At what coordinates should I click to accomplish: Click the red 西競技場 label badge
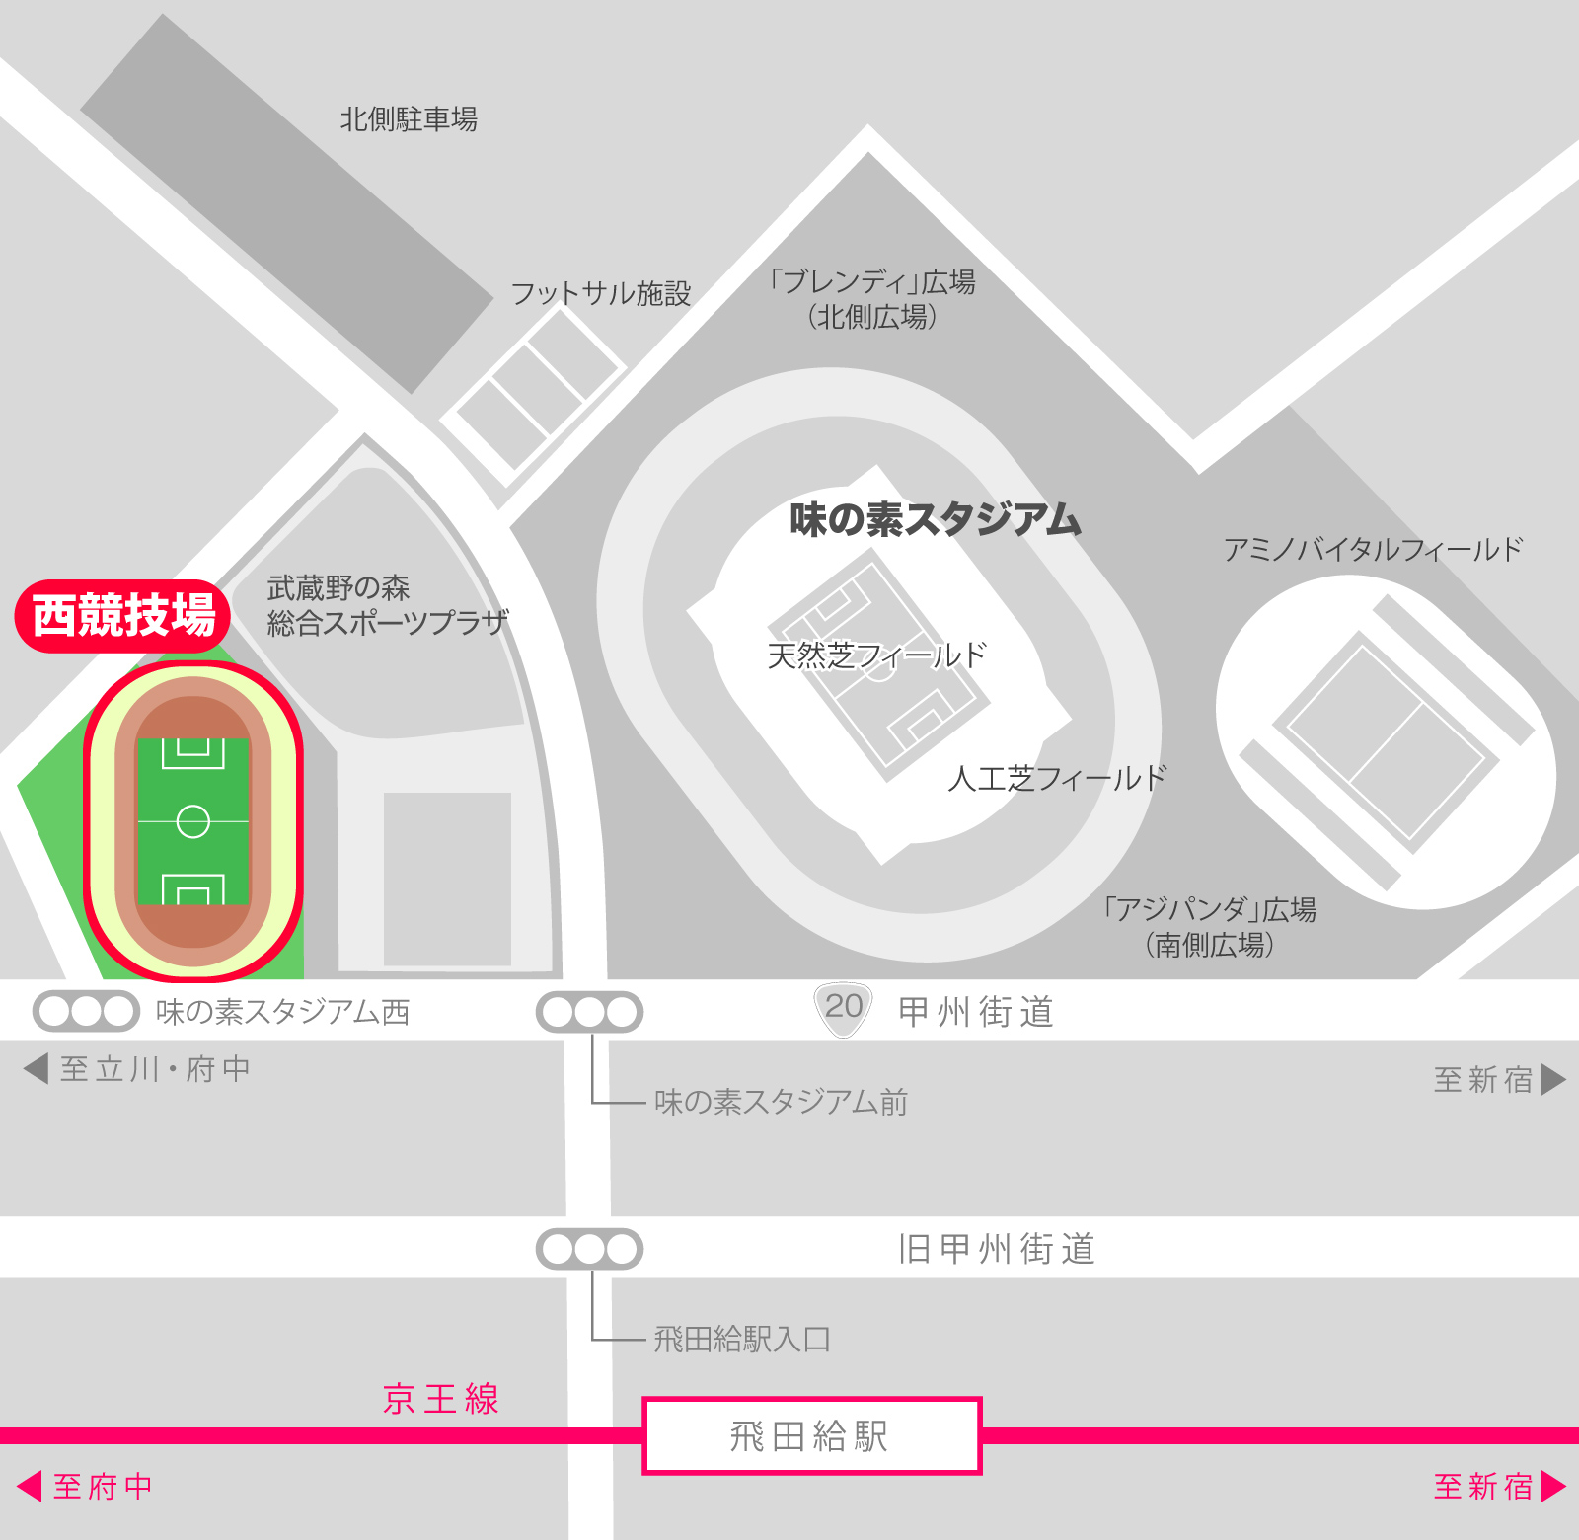[x=122, y=616]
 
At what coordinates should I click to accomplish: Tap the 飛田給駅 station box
[x=811, y=1435]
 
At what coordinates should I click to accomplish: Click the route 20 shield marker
[x=844, y=1009]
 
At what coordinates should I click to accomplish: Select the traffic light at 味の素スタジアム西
[x=86, y=1011]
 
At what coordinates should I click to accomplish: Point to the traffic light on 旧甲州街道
[x=589, y=1249]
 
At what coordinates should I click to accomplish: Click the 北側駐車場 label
[x=409, y=119]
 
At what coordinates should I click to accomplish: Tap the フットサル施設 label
[x=600, y=293]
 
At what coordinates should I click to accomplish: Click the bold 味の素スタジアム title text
[x=934, y=519]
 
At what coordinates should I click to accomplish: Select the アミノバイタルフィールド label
[x=1373, y=549]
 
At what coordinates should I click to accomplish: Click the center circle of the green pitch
[x=192, y=821]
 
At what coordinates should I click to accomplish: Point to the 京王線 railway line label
[x=441, y=1398]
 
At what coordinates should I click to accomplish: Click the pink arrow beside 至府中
[x=30, y=1486]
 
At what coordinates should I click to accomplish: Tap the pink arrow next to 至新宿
[x=1553, y=1486]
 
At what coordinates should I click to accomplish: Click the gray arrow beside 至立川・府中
[x=37, y=1068]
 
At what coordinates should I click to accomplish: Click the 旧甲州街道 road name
[x=997, y=1249]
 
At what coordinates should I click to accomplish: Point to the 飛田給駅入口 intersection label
[x=742, y=1339]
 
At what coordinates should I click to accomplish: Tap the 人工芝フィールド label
[x=1057, y=779]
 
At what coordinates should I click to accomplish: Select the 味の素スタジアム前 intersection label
[x=781, y=1102]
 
